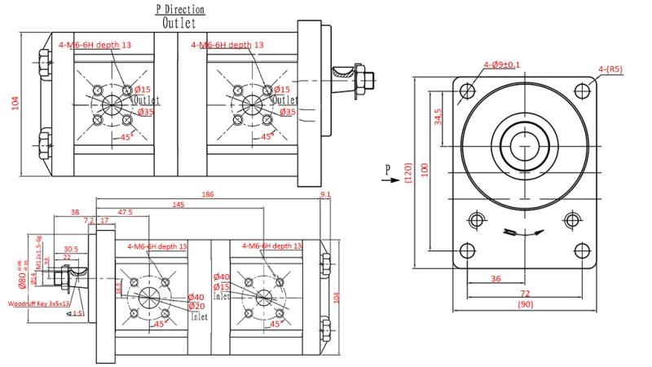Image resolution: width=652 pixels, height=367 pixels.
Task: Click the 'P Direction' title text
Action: tap(180, 10)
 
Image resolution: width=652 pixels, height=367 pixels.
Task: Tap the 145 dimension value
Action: tap(178, 206)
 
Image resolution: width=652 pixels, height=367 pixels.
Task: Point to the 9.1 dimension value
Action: tap(326, 196)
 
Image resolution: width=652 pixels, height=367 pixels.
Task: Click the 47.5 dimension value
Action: tap(126, 212)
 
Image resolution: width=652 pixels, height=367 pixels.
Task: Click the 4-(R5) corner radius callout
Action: tap(610, 70)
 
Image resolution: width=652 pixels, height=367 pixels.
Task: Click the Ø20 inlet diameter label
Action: tap(196, 306)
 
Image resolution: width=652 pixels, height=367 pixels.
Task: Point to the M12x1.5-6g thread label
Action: tap(39, 246)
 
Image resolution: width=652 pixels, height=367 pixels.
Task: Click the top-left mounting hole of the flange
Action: tap(467, 91)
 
